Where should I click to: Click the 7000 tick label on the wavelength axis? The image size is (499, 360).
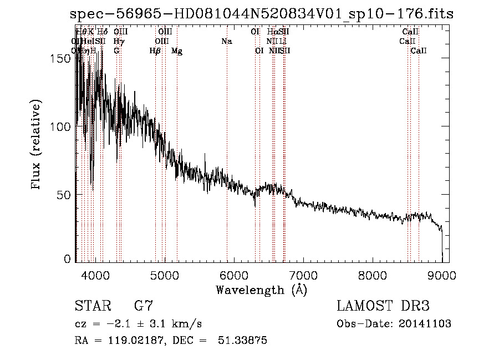tap(303, 276)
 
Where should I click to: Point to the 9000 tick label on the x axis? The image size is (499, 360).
tap(442, 276)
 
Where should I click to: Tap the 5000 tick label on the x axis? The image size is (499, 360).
tap(164, 276)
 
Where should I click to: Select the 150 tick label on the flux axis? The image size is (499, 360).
tap(64, 59)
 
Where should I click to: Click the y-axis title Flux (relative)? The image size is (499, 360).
tap(37, 146)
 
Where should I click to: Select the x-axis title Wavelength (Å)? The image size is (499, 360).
tap(261, 290)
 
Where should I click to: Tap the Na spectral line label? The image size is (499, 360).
tap(226, 41)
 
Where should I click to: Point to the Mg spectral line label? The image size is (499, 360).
tap(177, 51)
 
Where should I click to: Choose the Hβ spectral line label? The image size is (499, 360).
tap(155, 51)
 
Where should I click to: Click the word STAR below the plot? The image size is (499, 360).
tap(92, 306)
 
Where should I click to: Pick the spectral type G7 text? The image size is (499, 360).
tap(143, 306)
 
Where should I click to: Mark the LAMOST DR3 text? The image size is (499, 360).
tap(383, 306)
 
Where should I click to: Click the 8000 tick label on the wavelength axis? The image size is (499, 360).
tap(372, 276)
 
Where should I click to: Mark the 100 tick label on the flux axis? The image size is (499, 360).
tap(64, 127)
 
